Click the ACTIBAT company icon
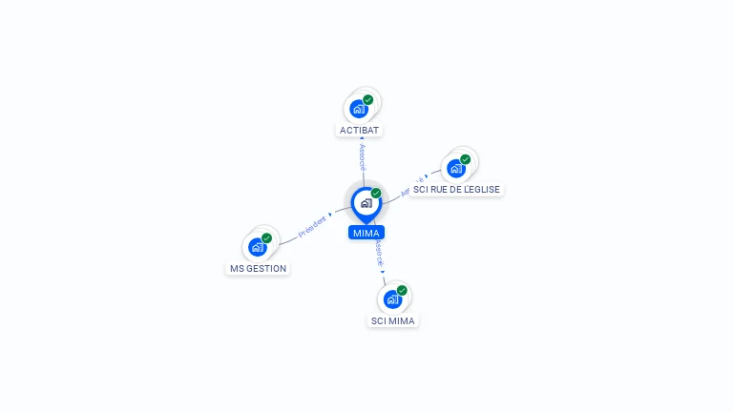click(359, 108)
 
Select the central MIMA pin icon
click(366, 203)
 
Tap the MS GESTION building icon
click(257, 247)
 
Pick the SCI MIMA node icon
click(392, 299)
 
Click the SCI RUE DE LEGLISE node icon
click(456, 168)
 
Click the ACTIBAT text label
click(360, 130)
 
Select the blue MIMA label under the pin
click(366, 233)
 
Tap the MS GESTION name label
click(258, 269)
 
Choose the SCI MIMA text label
click(393, 321)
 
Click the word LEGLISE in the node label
click(480, 190)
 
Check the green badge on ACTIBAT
click(368, 99)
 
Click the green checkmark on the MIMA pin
click(376, 193)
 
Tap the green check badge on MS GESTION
click(266, 237)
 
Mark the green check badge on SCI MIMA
click(402, 290)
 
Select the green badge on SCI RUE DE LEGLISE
click(466, 159)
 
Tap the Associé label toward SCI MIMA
click(379, 252)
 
